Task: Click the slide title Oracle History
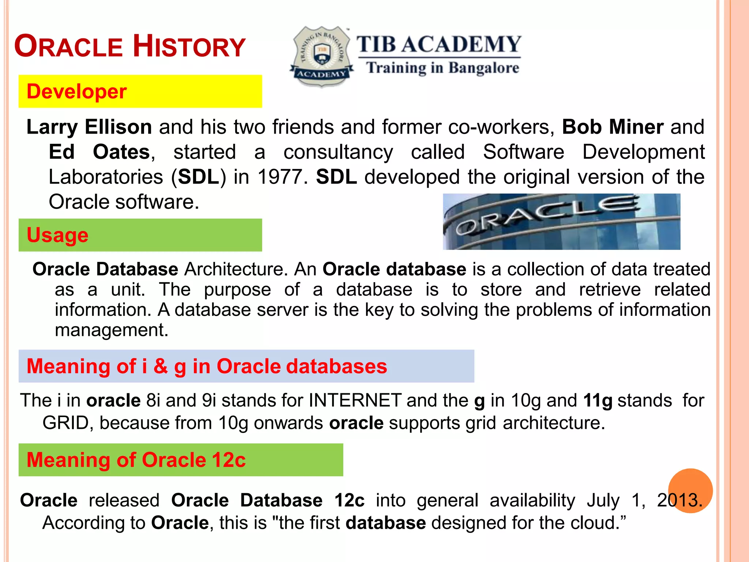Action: (x=130, y=46)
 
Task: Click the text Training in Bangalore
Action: (x=443, y=68)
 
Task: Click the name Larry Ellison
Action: (x=89, y=127)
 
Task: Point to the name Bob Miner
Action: (x=613, y=127)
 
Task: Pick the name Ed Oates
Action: (x=99, y=152)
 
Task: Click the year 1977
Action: (x=280, y=177)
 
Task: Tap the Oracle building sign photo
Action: (x=561, y=222)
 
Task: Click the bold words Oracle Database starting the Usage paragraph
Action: (x=105, y=269)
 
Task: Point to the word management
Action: (x=111, y=330)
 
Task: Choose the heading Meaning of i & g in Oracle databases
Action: (x=207, y=366)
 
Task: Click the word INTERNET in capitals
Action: (x=355, y=400)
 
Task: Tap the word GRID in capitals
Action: (x=65, y=423)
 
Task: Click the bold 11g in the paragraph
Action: (x=598, y=400)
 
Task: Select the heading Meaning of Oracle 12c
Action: (x=136, y=460)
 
